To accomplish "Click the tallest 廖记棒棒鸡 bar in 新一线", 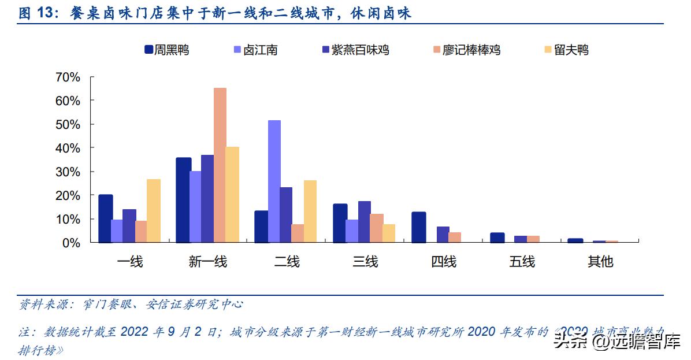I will pyautogui.click(x=220, y=165).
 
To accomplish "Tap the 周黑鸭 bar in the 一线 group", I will pyautogui.click(x=106, y=218).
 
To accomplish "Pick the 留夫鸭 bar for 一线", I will pyautogui.click(x=154, y=210).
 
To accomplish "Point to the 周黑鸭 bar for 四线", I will pyautogui.click(x=419, y=227).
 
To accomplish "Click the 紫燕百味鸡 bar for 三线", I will pyautogui.click(x=365, y=221).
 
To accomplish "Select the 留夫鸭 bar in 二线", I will pyautogui.click(x=310, y=211).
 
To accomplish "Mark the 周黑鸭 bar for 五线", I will pyautogui.click(x=497, y=237).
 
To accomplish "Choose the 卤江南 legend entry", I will pyautogui.click(x=255, y=50).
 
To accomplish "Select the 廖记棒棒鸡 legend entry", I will pyautogui.click(x=466, y=50).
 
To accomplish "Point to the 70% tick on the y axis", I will pyautogui.click(x=68, y=77).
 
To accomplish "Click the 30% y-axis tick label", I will pyautogui.click(x=68, y=172).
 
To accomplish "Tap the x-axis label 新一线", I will pyautogui.click(x=208, y=262).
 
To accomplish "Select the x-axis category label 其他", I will pyautogui.click(x=600, y=262).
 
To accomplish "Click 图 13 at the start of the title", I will pyautogui.click(x=36, y=14).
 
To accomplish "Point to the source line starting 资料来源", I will pyautogui.click(x=131, y=305).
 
